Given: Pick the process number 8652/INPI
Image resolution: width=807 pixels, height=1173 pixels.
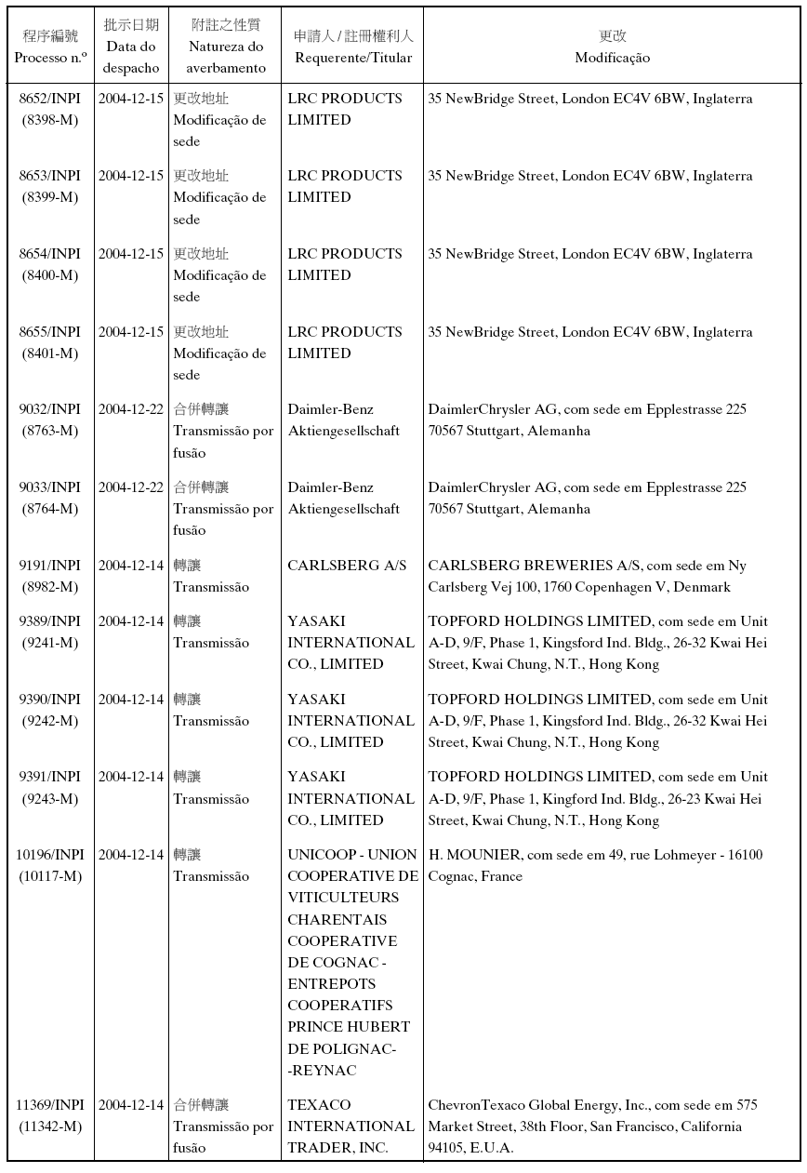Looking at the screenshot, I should [50, 99].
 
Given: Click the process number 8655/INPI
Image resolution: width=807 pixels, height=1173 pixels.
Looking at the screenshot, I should [50, 332].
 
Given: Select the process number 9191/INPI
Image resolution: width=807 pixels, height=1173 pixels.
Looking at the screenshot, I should [50, 566].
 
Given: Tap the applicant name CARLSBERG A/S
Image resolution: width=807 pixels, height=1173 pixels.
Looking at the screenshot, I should [347, 566].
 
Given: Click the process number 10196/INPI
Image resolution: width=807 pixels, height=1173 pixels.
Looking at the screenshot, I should [50, 855].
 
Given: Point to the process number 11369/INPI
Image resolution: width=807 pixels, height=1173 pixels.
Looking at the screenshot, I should [50, 1105].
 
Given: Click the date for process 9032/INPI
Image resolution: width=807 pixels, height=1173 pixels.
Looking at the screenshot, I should [131, 409].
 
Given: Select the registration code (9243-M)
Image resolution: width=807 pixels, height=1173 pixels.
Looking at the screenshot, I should [50, 799].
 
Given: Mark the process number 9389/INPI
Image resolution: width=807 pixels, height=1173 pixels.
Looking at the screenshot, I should [50, 621].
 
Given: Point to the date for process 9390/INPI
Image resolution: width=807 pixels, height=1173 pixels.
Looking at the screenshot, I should [131, 700].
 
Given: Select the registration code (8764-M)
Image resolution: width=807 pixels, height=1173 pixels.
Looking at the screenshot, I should [50, 509].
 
